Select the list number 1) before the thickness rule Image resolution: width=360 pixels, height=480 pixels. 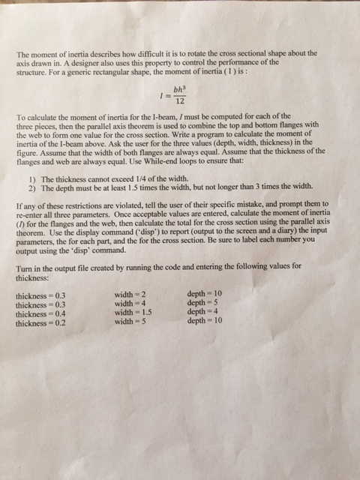pyautogui.click(x=29, y=180)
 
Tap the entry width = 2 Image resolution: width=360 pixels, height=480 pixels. pyautogui.click(x=129, y=295)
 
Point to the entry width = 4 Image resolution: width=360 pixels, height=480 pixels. pyautogui.click(x=129, y=304)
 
